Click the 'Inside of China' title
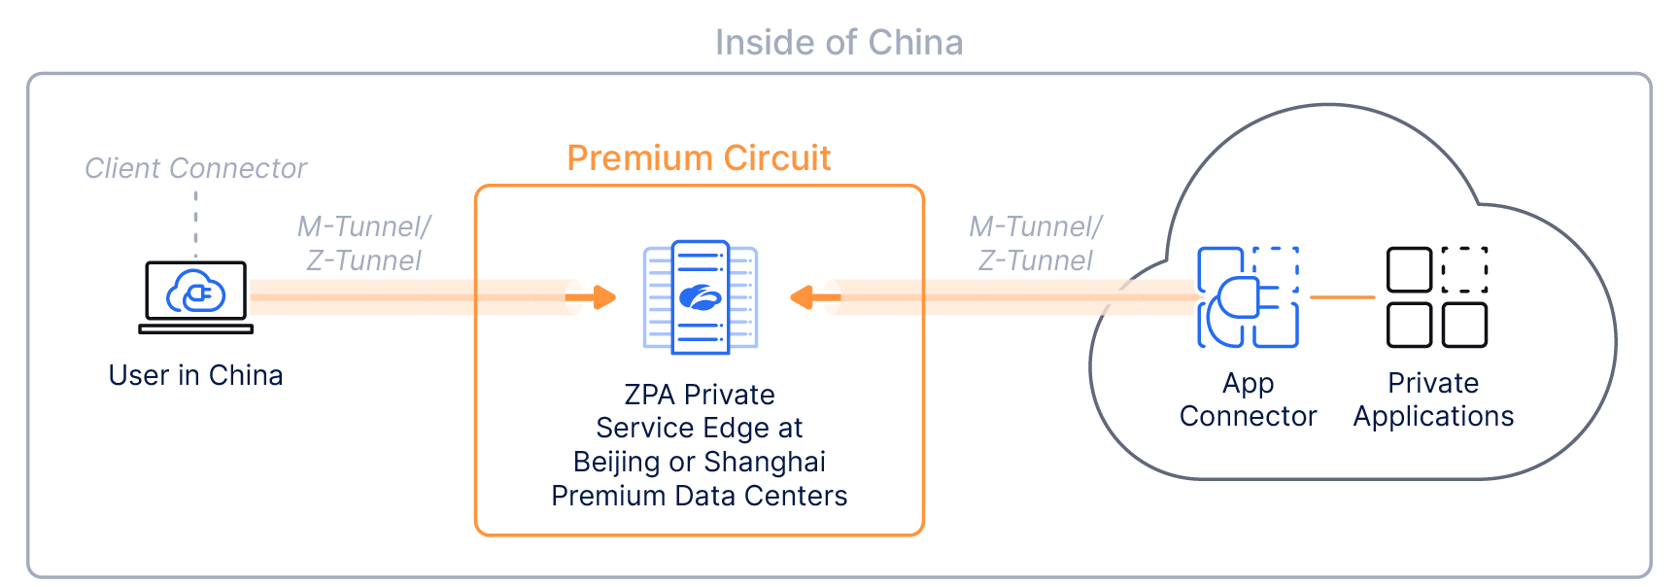(839, 43)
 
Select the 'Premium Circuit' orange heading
(699, 157)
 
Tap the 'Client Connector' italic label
(195, 168)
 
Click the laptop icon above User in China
(195, 295)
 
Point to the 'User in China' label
(195, 375)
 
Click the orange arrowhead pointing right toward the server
(605, 296)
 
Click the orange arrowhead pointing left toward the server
(802, 296)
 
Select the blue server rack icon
(701, 296)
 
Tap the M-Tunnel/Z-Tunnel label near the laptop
(363, 243)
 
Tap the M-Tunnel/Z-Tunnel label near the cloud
(1036, 243)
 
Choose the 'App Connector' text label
(1248, 399)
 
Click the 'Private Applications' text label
(1433, 399)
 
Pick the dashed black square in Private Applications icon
(1464, 269)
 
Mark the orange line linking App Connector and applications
(1342, 296)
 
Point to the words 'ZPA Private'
(699, 395)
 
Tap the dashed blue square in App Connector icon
(1276, 268)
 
